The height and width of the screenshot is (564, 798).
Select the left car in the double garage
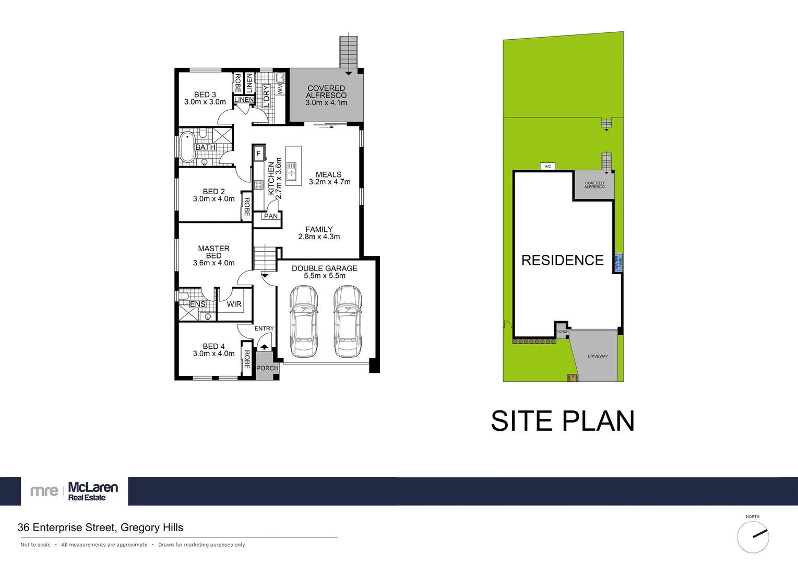303,321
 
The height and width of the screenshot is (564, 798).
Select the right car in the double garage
348,321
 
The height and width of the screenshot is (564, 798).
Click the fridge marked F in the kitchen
258,154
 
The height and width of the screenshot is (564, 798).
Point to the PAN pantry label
271,216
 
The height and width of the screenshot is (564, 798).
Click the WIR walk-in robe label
234,304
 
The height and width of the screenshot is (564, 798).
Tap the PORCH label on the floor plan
267,368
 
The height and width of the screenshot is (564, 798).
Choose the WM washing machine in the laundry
280,89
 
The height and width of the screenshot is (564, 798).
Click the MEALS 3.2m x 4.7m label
329,178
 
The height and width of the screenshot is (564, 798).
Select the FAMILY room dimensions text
319,237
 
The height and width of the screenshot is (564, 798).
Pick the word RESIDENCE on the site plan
562,260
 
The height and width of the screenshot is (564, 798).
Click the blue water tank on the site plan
618,262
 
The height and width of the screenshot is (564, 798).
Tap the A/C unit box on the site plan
547,166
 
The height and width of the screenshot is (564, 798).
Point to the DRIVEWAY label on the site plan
598,356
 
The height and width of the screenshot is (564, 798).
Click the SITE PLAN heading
563,421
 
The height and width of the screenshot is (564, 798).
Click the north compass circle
753,537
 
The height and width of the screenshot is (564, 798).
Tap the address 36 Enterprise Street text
100,527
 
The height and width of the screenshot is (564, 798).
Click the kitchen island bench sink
291,171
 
